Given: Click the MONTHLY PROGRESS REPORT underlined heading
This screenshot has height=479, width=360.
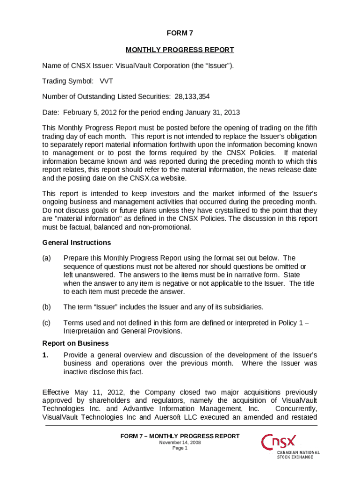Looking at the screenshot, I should pyautogui.click(x=180, y=50).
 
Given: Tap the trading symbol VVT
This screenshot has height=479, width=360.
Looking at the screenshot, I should pyautogui.click(x=106, y=81).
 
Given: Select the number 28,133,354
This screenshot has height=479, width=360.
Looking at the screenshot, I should pyautogui.click(x=192, y=97).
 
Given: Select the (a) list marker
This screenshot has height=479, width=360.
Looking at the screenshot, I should pyautogui.click(x=46, y=258).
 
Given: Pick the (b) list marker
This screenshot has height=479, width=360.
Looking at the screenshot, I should pyautogui.click(x=46, y=307).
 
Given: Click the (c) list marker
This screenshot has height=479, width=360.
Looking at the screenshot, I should pyautogui.click(x=46, y=323).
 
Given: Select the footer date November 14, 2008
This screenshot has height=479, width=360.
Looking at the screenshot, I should pyautogui.click(x=180, y=442).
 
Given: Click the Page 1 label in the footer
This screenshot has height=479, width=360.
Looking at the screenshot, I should pyautogui.click(x=180, y=448).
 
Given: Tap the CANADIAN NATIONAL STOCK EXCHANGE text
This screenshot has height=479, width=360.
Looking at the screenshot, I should pyautogui.click(x=298, y=455).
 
